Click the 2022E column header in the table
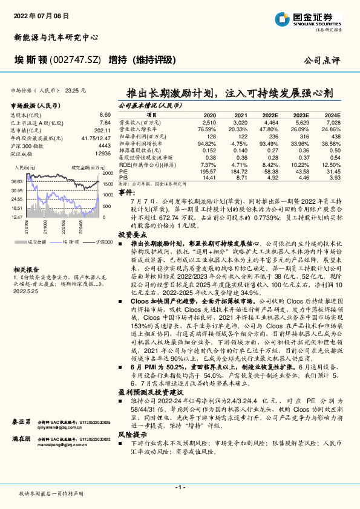point(270,115)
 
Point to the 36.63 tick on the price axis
point(18,181)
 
